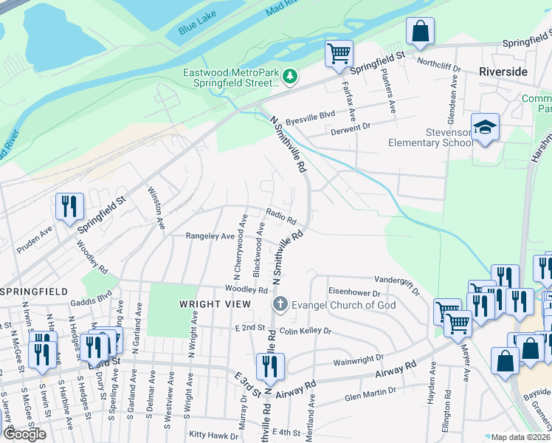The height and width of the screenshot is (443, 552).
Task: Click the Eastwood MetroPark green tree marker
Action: click(x=291, y=76)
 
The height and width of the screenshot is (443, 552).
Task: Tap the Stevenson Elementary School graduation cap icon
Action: click(x=486, y=128)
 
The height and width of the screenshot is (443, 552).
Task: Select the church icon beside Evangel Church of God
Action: click(x=280, y=304)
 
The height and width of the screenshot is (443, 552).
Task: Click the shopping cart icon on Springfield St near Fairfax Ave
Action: click(x=339, y=53)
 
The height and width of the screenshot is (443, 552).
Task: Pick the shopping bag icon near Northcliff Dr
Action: click(x=419, y=31)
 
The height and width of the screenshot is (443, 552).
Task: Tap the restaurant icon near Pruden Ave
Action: click(x=69, y=207)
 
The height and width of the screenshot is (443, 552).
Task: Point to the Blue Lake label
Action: click(x=196, y=28)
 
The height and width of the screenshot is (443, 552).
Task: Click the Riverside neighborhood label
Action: click(x=503, y=72)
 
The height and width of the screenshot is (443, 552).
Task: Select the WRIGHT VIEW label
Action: click(x=207, y=304)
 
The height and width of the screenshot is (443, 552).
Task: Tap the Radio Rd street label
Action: click(x=281, y=220)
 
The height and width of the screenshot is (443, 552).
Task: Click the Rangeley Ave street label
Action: click(x=210, y=236)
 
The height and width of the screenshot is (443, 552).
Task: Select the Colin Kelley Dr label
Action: click(x=306, y=332)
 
